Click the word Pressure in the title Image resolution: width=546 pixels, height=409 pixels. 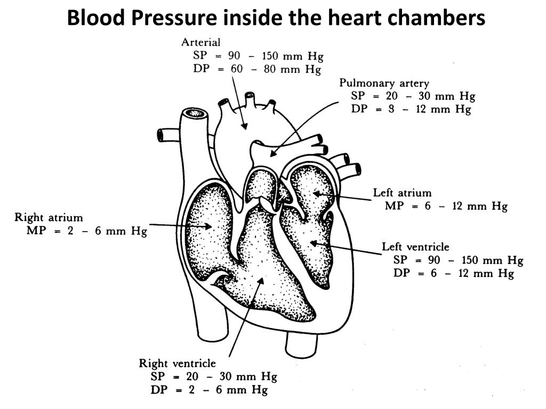(174, 18)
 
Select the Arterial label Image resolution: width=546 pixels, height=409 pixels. (201, 42)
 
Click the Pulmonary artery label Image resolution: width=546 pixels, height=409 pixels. (384, 83)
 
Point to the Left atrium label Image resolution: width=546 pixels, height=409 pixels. (402, 193)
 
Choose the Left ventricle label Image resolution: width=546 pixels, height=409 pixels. (415, 247)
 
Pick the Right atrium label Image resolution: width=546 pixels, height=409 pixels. (49, 217)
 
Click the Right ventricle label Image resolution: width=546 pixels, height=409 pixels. (178, 363)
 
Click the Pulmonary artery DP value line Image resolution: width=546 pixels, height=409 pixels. (411, 109)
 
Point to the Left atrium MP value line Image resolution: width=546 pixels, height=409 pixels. (446, 206)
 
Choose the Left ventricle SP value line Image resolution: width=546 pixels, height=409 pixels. (458, 260)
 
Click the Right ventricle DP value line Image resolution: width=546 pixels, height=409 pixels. (208, 390)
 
